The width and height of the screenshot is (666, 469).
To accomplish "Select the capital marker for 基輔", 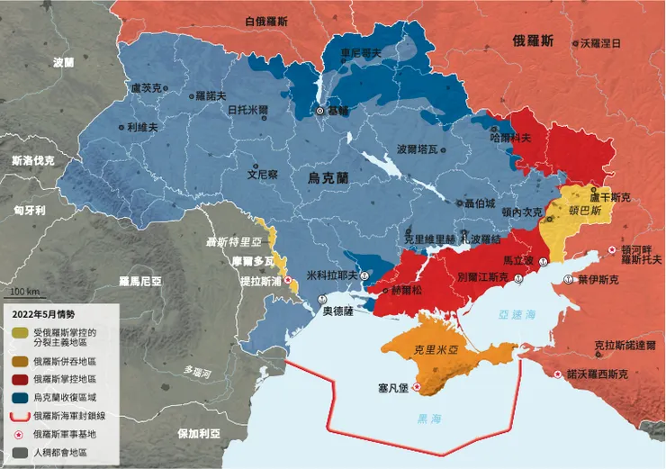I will [x=319, y=111].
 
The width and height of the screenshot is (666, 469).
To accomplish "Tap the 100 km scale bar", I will [x=23, y=297].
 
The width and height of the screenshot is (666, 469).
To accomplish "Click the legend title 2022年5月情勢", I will [x=48, y=314].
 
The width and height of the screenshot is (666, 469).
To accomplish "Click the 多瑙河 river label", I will [x=194, y=371].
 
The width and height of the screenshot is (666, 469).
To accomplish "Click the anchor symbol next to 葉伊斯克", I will [x=568, y=280].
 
